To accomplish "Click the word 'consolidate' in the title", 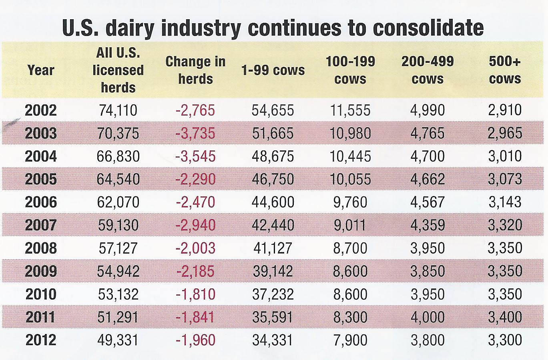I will tap(428, 28).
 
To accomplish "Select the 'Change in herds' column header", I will tap(195, 70).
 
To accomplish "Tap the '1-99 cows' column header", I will tap(273, 70).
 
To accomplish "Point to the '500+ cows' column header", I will tap(505, 70).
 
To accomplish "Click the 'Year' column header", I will tap(41, 70).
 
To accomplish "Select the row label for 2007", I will tap(41, 225).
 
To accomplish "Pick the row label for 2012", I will tap(41, 340).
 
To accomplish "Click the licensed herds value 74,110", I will tap(118, 110).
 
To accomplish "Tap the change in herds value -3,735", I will tap(195, 133).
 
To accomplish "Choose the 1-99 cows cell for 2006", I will tap(273, 202).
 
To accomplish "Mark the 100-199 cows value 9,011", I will tap(350, 225).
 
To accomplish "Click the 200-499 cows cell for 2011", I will tap(428, 317).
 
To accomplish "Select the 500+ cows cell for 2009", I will tap(505, 271).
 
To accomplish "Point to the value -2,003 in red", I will tap(195, 248).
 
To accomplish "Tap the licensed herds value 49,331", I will tap(118, 340).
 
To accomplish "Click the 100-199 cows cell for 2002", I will tap(350, 110).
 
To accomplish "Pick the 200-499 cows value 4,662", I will tap(428, 179).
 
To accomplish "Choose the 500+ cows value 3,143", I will tap(505, 202).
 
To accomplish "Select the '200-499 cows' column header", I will tap(428, 70).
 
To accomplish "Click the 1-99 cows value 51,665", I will tap(273, 133).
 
